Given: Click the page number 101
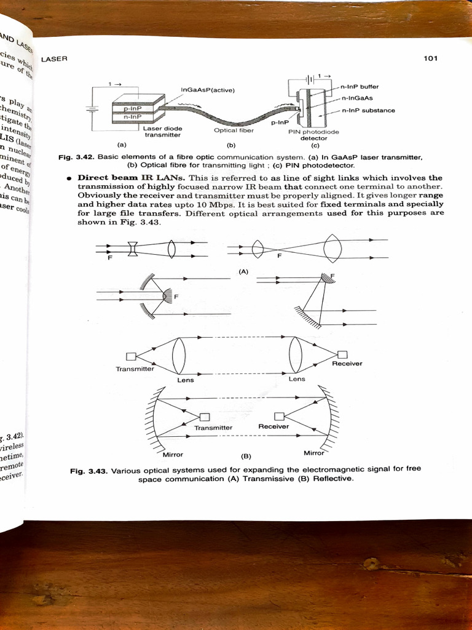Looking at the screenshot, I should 430,58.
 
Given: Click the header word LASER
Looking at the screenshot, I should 54,59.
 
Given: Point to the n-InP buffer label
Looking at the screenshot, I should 361,87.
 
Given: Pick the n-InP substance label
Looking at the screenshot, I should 368,110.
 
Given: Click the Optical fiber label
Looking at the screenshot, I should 234,130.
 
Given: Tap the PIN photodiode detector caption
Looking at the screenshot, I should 313,135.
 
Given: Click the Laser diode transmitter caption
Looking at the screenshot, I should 162,131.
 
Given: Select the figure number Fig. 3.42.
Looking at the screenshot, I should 76,157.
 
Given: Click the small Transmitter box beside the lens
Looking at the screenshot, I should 130,356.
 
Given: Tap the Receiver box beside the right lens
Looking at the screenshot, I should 342,354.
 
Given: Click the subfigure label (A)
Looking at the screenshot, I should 243,271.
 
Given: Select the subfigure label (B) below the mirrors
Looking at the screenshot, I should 246,457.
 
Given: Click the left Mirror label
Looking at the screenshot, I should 173,455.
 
